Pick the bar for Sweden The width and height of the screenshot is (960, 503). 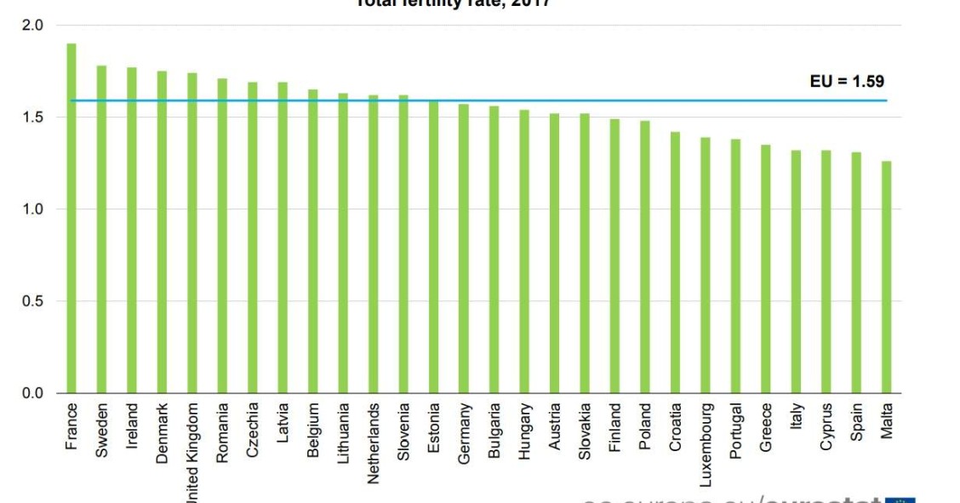point(101,229)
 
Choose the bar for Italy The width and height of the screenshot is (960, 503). point(796,272)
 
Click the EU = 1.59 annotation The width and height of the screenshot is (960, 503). point(846,83)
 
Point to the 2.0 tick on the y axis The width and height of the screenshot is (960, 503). point(32,25)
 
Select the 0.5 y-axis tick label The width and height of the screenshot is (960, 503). point(32,301)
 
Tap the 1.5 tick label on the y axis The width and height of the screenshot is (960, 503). point(32,117)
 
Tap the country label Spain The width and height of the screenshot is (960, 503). point(857,421)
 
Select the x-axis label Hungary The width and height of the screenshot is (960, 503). point(525,431)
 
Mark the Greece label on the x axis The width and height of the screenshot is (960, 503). point(766,426)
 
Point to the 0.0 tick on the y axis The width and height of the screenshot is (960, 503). point(32,393)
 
